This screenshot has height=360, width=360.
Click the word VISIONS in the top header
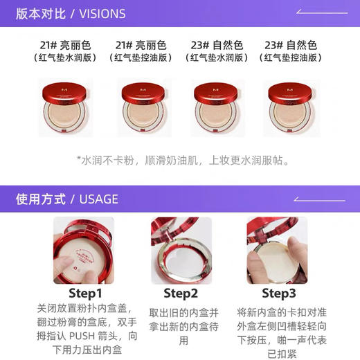(102, 13)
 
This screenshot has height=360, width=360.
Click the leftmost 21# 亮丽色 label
(66, 45)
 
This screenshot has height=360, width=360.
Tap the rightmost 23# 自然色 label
(292, 45)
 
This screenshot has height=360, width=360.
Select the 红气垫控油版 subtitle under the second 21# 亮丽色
(142, 58)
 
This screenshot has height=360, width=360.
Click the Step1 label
(85, 293)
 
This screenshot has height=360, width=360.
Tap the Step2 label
(181, 293)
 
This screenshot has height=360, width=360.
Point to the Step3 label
(279, 293)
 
